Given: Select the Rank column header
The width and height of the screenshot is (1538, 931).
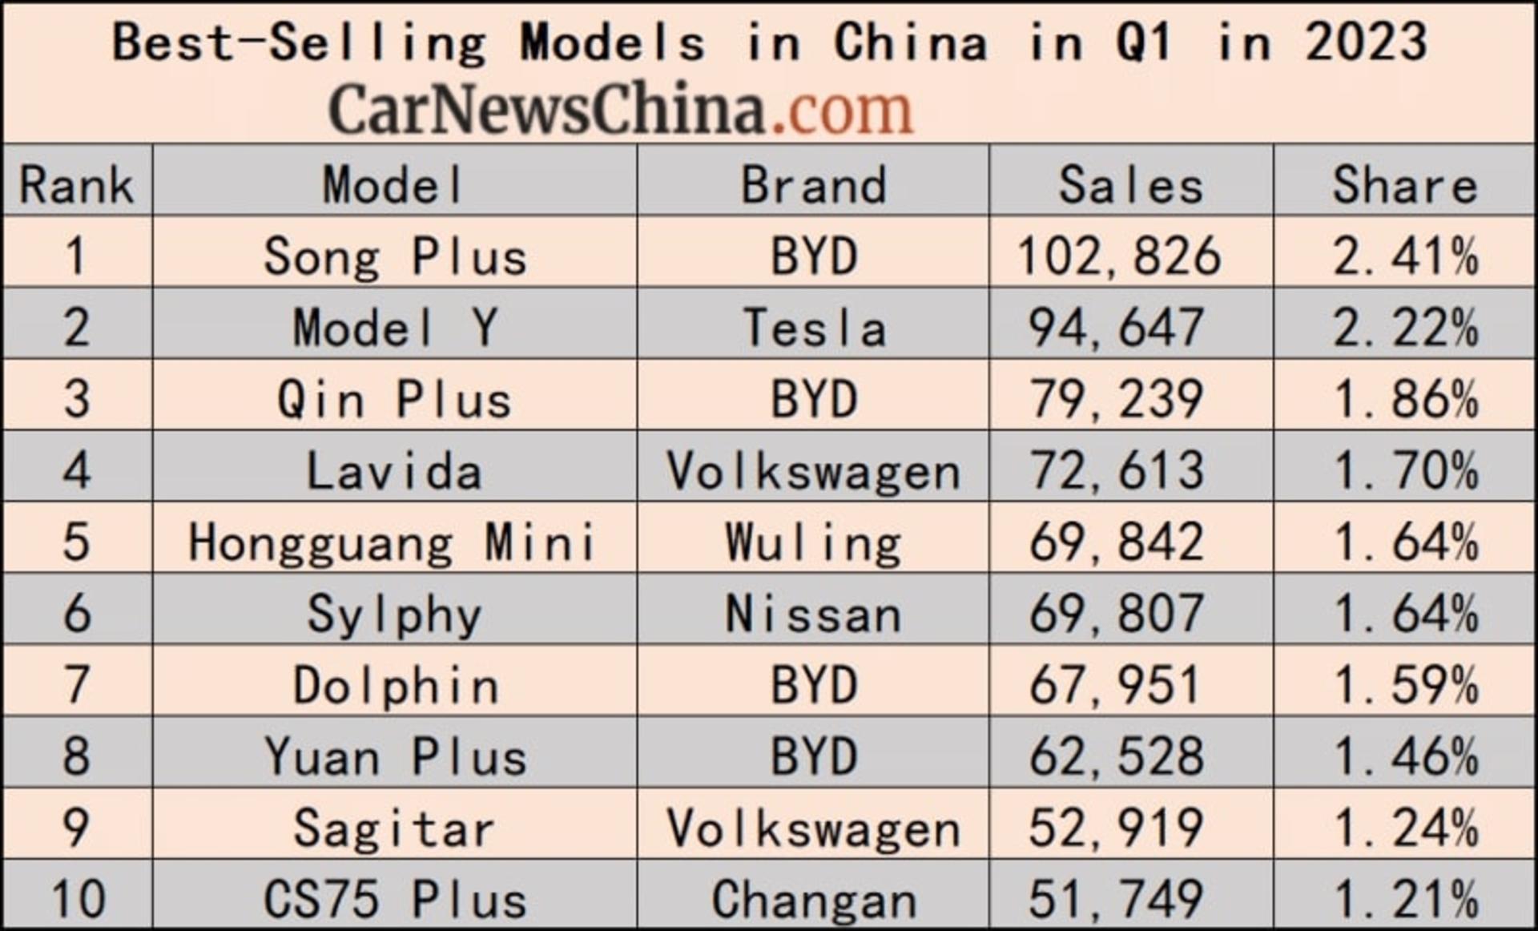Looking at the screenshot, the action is tap(76, 185).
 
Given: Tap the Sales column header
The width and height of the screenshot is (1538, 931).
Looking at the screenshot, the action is tap(1131, 185).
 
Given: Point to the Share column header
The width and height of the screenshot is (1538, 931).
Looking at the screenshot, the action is tap(1405, 185).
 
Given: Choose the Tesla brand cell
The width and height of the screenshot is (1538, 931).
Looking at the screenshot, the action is tap(814, 328).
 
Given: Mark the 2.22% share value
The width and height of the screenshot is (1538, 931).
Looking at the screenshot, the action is tap(1405, 328).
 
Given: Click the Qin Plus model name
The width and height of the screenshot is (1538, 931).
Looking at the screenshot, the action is tap(394, 399).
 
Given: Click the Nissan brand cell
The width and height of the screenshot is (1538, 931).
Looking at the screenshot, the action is tap(814, 614).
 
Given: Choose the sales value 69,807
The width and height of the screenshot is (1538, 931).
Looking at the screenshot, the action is tap(1117, 614).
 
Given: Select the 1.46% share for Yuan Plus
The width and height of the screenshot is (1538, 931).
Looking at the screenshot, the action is tap(1405, 756).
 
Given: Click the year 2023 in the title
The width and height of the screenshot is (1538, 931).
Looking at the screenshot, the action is tap(1367, 42).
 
